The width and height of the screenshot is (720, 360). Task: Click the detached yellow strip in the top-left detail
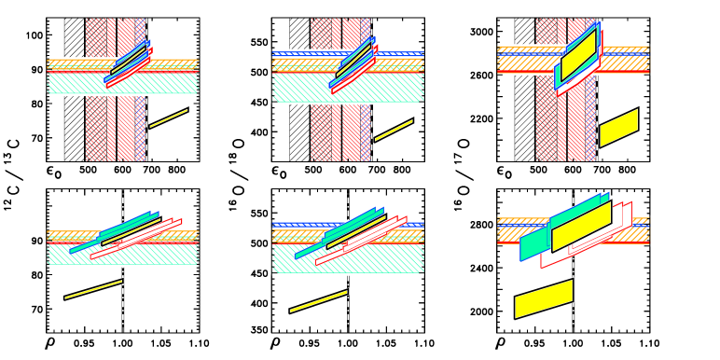[x=169, y=118]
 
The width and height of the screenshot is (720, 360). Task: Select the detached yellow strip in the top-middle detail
[x=394, y=130]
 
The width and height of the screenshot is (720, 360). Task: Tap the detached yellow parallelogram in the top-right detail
[x=618, y=128]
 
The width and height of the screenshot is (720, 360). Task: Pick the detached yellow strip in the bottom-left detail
[x=93, y=289]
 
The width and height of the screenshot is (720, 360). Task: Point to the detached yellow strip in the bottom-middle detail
[x=318, y=301]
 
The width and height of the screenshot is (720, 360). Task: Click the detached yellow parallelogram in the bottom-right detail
[x=544, y=298]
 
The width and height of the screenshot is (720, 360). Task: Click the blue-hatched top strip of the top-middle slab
[x=298, y=53]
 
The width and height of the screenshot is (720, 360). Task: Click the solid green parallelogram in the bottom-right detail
[x=533, y=244]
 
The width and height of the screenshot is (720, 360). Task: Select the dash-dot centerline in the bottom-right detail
[x=573, y=322]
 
